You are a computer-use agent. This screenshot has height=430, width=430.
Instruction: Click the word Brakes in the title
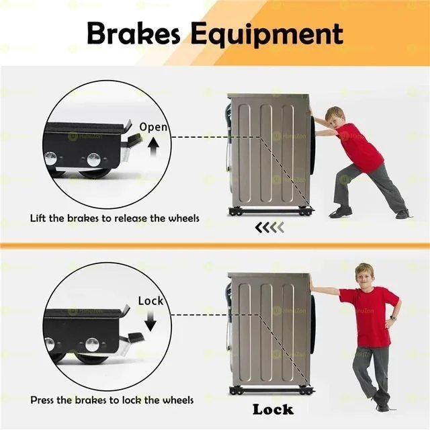(x=134, y=34)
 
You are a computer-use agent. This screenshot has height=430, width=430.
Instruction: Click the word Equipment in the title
(x=267, y=35)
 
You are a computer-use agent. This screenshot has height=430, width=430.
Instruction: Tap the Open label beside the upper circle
(x=153, y=127)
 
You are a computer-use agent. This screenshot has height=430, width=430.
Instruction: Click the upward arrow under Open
(x=154, y=146)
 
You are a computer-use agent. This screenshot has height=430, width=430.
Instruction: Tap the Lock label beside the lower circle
(x=150, y=301)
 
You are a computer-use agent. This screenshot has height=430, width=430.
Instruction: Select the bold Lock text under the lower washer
(x=273, y=409)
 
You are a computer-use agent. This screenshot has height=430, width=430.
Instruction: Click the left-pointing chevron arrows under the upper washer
(x=269, y=227)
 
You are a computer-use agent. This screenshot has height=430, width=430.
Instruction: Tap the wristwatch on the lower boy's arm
(x=394, y=318)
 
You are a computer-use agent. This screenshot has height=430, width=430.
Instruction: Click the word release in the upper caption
(x=130, y=218)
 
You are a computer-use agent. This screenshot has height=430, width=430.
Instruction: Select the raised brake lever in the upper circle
(x=132, y=139)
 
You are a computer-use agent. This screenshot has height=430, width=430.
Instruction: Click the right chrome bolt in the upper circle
(x=94, y=160)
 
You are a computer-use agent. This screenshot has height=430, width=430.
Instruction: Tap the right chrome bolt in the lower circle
(x=92, y=345)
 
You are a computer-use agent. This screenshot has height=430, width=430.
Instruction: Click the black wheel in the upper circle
(x=96, y=173)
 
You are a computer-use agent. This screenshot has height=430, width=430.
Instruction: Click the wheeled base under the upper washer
(x=271, y=211)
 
